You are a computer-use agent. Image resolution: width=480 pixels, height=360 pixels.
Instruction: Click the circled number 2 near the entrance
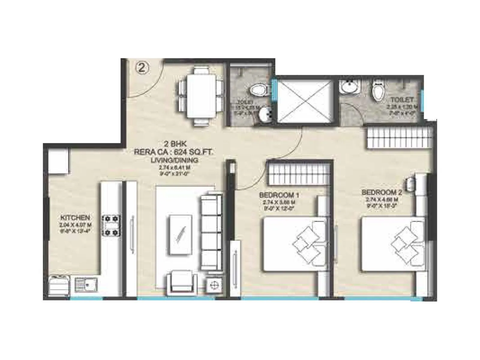(x=143, y=67)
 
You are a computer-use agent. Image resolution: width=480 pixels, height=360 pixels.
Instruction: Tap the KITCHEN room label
(x=75, y=217)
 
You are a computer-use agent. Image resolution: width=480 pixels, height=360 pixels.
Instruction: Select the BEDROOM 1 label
(x=281, y=195)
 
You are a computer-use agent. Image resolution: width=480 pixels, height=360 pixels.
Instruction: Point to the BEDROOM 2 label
(x=381, y=192)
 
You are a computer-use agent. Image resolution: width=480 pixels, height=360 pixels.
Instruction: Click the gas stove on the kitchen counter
(x=112, y=225)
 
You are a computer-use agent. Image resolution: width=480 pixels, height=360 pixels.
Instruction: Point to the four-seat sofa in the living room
(x=211, y=232)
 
